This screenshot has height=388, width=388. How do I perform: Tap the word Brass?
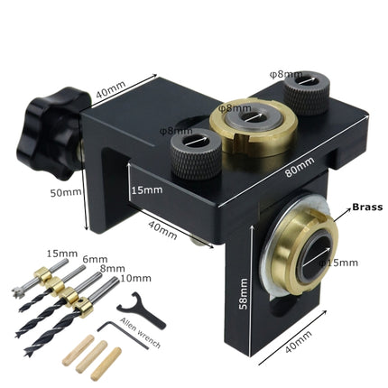coord(367,207)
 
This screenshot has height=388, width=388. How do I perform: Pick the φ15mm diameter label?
coord(339,263)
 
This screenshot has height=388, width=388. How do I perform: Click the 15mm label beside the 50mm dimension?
coord(146,191)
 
